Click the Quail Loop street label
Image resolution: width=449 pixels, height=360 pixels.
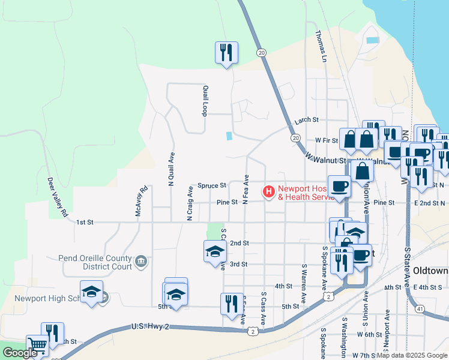205,101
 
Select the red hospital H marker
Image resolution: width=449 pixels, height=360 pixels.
269,192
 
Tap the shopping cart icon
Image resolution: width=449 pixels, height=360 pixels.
37,345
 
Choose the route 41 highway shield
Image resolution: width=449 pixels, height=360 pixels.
421,308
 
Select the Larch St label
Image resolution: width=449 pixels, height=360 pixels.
306,121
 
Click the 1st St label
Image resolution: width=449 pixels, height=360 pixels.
85,222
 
